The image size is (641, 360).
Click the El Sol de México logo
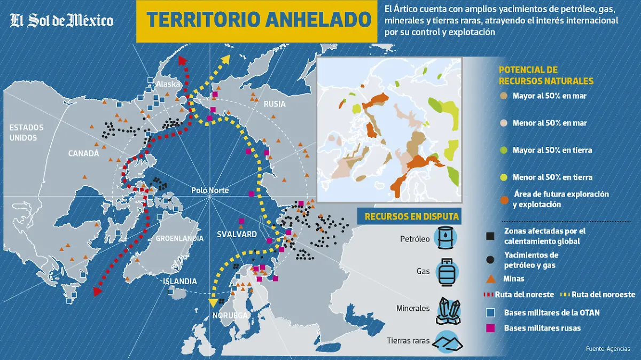point(61,20)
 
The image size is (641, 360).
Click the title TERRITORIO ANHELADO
point(259,20)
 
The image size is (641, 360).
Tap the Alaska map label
point(168,84)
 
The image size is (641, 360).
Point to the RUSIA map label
point(275,104)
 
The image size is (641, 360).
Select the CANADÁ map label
point(84,153)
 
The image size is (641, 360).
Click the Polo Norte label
point(210,191)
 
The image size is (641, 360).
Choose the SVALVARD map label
point(237,234)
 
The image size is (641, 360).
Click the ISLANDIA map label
point(180,281)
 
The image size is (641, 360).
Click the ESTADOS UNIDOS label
point(26,132)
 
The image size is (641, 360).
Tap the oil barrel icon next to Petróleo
point(445,238)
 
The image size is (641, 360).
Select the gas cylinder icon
point(445,272)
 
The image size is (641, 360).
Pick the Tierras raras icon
point(448,341)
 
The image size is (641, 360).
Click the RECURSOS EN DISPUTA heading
point(412,216)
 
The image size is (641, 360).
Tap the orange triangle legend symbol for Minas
point(490,279)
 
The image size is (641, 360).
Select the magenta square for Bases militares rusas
point(490,327)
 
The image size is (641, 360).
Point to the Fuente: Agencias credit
point(608,349)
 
